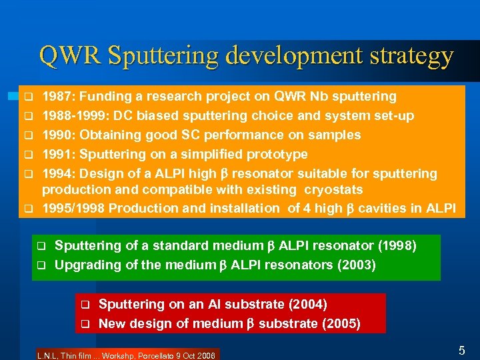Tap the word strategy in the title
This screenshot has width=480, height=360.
[408, 55]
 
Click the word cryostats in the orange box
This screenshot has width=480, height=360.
[335, 190]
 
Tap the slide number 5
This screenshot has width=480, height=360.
[461, 349]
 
